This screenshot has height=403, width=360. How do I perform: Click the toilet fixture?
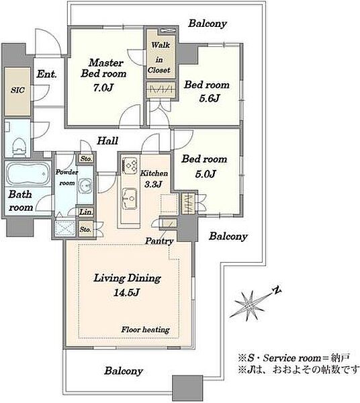[19, 146]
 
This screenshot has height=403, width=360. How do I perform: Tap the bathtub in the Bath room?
[28, 174]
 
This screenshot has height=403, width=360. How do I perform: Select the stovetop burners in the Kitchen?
[130, 165]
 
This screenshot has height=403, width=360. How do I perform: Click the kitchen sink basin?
[130, 198]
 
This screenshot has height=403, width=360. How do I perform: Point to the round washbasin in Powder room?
[85, 185]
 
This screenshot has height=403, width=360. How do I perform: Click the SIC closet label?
[17, 90]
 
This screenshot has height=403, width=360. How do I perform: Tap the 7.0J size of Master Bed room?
[103, 88]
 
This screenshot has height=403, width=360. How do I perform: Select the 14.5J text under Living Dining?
[126, 292]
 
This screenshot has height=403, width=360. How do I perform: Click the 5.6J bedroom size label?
[210, 98]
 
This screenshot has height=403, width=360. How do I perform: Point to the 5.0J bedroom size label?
[206, 174]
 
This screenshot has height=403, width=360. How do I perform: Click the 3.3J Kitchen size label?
[153, 184]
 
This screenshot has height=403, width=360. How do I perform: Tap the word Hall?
[107, 140]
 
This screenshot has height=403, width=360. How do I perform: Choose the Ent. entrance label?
[46, 75]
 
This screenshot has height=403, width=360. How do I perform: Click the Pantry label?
[159, 241]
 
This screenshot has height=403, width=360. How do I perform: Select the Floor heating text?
[146, 330]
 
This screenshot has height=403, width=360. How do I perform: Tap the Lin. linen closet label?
[85, 212]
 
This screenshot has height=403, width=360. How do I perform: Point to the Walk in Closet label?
[160, 58]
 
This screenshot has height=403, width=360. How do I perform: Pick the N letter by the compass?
[277, 290]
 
